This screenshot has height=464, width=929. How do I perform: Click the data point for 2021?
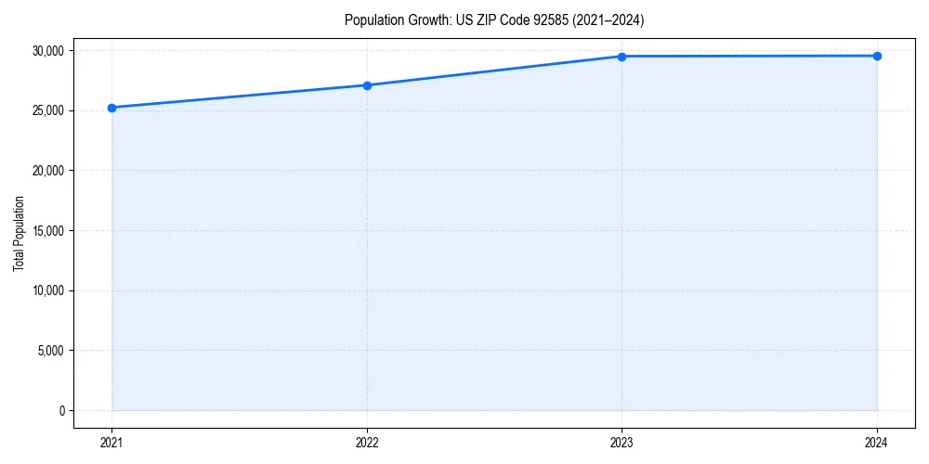point(112,108)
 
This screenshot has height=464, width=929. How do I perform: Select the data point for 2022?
point(367,85)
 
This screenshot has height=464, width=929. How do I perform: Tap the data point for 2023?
point(622,57)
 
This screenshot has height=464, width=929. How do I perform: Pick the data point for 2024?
point(877,56)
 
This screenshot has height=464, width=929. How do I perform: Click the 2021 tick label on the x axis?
point(112,442)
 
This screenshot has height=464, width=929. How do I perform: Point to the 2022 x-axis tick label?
point(367,442)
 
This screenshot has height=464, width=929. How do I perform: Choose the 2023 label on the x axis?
point(622,442)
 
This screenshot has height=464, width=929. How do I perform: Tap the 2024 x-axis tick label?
point(877,442)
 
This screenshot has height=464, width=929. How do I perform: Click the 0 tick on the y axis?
point(62,410)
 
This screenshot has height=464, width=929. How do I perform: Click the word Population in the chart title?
point(373,19)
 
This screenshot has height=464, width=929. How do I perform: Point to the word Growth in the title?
point(429,19)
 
